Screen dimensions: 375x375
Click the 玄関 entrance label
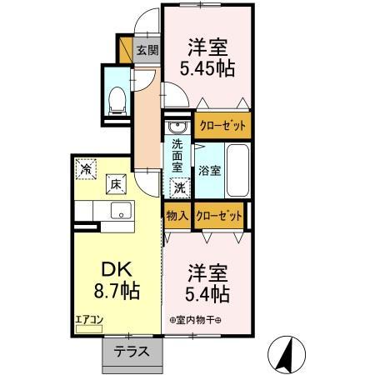click(147, 49)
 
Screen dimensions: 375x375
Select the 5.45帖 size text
click(207, 70)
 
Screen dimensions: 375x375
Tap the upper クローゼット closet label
click(222, 126)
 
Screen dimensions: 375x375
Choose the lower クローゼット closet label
click(220, 216)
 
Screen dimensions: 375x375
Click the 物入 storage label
click(177, 216)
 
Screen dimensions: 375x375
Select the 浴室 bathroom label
click(209, 172)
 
